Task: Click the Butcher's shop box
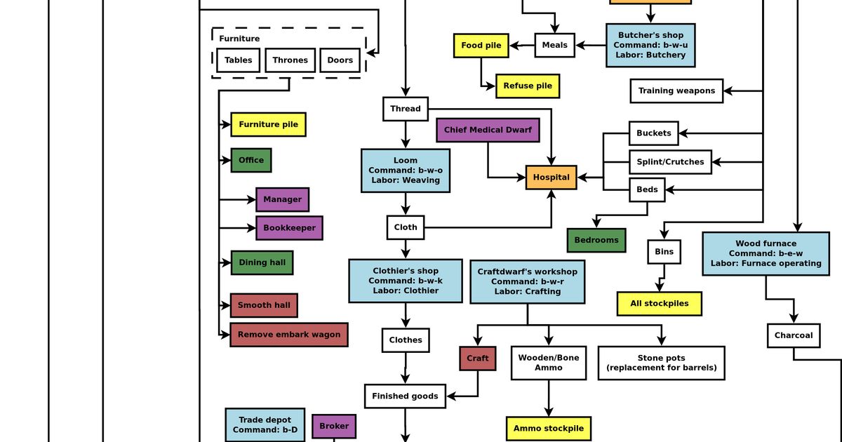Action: point(650,45)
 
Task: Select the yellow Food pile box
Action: point(481,46)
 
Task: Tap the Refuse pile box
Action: point(527,86)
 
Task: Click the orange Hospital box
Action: point(551,178)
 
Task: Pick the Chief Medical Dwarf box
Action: point(488,130)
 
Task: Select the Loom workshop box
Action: point(405,170)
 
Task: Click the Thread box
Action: point(405,109)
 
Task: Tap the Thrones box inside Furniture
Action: point(290,60)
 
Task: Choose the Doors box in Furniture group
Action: point(340,60)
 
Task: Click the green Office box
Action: point(250,160)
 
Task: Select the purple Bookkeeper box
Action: point(289,228)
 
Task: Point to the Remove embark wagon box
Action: point(288,335)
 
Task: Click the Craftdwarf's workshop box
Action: point(527,281)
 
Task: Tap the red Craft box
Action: point(477,358)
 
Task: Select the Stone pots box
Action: point(661,363)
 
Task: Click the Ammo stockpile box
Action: point(548,428)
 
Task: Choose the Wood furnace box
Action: point(766,253)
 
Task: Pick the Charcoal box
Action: point(794,335)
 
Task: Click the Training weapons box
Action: point(676,91)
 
